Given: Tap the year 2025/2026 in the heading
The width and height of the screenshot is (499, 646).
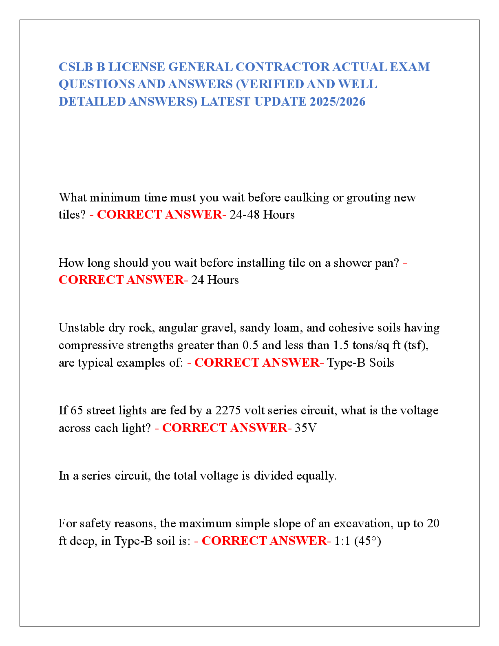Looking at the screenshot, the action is click(x=337, y=102).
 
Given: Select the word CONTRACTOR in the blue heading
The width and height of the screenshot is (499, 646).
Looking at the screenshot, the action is click(x=283, y=67).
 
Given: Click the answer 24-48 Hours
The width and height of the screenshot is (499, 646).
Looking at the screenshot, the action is click(x=262, y=215).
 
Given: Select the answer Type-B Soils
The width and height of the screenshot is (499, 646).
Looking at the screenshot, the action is click(x=360, y=363).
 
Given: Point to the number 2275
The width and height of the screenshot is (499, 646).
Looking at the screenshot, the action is click(x=228, y=411).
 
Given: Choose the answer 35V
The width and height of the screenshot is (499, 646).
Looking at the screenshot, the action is click(x=305, y=428).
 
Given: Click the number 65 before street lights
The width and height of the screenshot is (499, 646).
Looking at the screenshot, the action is click(x=77, y=411).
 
